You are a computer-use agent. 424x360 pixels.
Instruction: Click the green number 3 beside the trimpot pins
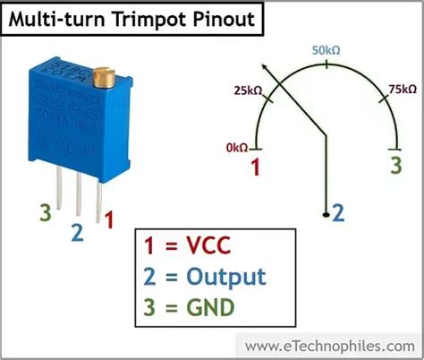pos(44,214)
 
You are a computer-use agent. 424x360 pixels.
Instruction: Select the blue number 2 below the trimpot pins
pos(77,233)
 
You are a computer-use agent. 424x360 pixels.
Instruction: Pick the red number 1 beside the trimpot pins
pos(109,218)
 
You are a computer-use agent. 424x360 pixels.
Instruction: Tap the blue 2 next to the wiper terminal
pos(337,212)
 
